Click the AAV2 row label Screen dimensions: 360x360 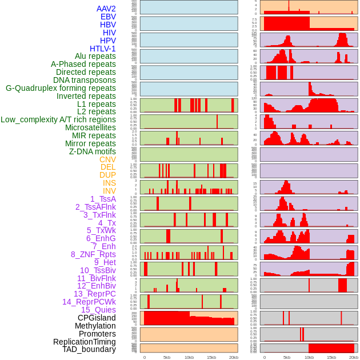(106, 9)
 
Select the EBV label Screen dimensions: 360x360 (108, 17)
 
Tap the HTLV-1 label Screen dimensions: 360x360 (103, 49)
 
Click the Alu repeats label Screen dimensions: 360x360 (95, 56)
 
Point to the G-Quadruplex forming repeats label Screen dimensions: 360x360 (61, 88)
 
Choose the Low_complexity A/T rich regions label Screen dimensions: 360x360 (58, 119)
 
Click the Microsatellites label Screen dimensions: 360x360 (90, 127)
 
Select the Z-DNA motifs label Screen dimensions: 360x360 (92, 151)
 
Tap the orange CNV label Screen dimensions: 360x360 (107, 159)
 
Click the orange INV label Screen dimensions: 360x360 (109, 191)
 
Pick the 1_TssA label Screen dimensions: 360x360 (103, 199)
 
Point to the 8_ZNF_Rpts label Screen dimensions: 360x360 (93, 254)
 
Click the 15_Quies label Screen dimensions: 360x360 (98, 310)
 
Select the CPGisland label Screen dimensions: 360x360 (97, 318)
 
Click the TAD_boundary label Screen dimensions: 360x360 (89, 349)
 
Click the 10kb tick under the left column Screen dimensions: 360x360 (189, 357)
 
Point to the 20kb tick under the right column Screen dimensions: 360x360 (354, 357)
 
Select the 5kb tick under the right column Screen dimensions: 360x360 (287, 357)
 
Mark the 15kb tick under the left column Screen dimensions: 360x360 (211, 357)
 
